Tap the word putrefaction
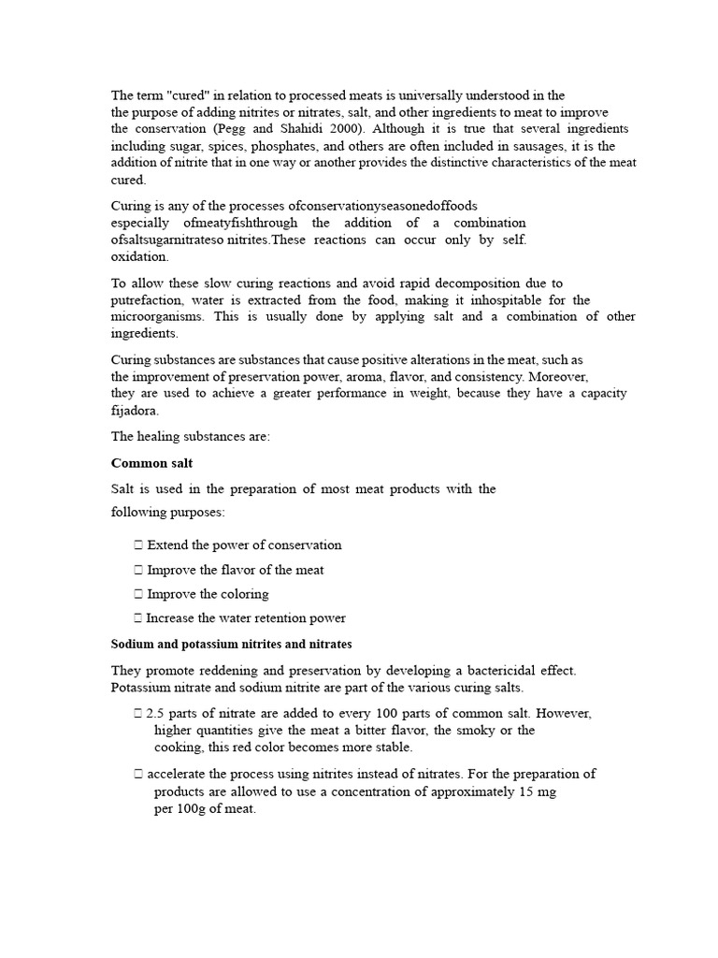coord(146,300)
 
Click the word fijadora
coord(136,411)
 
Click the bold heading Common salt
coord(151,463)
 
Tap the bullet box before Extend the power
coord(138,545)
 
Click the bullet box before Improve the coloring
coord(138,594)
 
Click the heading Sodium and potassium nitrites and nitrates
coord(231,645)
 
